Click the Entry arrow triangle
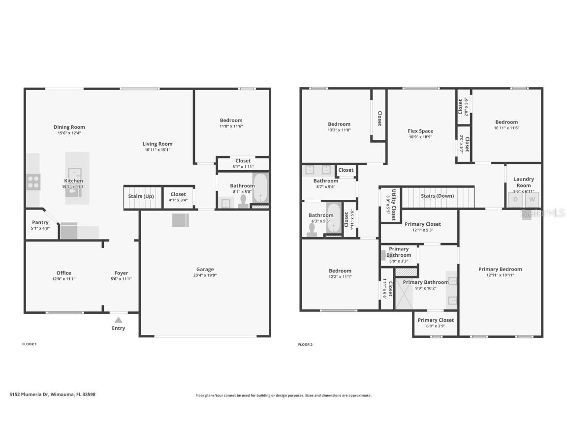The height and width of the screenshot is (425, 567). coord(118,320)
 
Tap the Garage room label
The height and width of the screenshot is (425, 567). coord(205,269)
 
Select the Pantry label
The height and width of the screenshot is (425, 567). coord(40,222)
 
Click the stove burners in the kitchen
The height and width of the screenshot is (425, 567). coord(33,182)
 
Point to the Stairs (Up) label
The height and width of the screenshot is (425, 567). coord(141,196)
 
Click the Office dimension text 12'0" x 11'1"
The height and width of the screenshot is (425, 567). coord(63,279)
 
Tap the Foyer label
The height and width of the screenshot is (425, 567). coord(121,273)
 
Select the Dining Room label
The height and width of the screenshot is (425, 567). coord(69,127)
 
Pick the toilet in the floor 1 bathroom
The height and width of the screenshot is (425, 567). coord(243,202)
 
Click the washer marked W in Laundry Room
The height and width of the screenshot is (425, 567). coord(532,199)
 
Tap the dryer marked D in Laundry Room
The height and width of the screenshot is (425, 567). coord(516,199)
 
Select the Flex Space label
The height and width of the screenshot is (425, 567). coord(420,131)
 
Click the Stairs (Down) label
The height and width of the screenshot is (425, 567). coord(438,196)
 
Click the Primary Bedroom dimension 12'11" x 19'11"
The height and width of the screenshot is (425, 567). coord(500,275)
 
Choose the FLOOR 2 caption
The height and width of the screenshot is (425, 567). coord(305,344)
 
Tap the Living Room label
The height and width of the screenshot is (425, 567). coord(157,144)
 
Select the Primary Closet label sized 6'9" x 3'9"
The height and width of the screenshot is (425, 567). coord(436,320)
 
